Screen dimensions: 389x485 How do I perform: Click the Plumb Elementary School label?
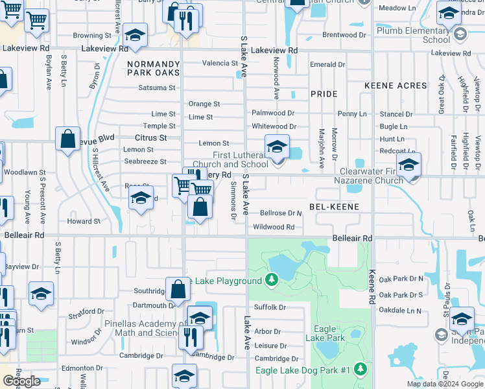pos(427,35)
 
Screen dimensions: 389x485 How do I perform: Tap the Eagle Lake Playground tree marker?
pos(273,280)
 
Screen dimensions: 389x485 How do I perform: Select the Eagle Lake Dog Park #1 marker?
pos(361,370)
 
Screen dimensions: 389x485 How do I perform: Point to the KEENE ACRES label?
pos(396,86)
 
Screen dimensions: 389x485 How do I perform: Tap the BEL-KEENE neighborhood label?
pos(333,206)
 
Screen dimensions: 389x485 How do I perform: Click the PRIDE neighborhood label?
pos(324,94)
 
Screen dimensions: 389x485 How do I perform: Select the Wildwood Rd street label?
pos(274,227)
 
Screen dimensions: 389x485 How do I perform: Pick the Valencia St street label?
pos(220,64)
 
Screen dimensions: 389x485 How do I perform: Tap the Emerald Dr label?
pos(327,65)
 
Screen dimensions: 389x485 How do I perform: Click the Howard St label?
pos(84,221)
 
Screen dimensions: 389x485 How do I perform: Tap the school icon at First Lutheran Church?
pos(277,147)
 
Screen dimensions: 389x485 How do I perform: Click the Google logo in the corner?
pos(21,381)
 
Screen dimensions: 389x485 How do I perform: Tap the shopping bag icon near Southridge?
pos(178,289)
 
